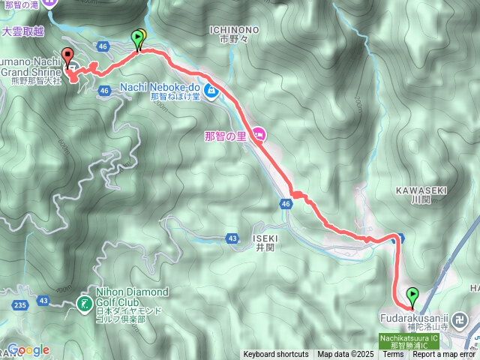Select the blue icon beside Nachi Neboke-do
(x=211, y=91)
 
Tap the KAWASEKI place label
(x=420, y=190)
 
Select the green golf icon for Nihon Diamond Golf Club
(x=84, y=304)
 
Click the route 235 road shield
(x=19, y=304)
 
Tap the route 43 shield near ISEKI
(x=232, y=238)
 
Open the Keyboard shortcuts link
(x=275, y=355)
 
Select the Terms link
(x=393, y=355)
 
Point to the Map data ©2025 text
(x=346, y=355)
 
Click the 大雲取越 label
(x=22, y=32)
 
